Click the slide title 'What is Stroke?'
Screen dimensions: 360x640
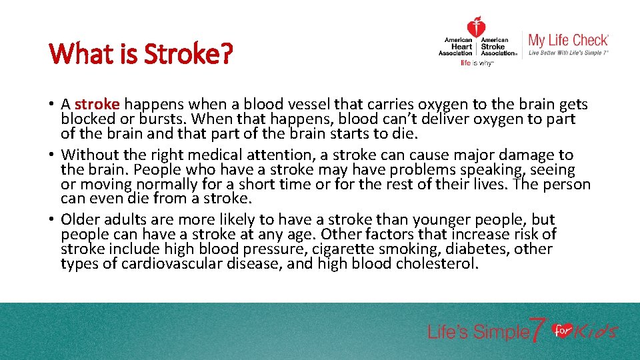coord(141,53)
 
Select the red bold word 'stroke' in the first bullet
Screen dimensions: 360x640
coord(97,105)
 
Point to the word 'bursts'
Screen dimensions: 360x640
coord(175,119)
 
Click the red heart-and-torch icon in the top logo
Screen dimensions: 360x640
coord(476,27)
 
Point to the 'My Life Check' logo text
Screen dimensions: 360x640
coord(568,40)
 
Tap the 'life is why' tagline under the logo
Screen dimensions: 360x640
coord(476,64)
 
